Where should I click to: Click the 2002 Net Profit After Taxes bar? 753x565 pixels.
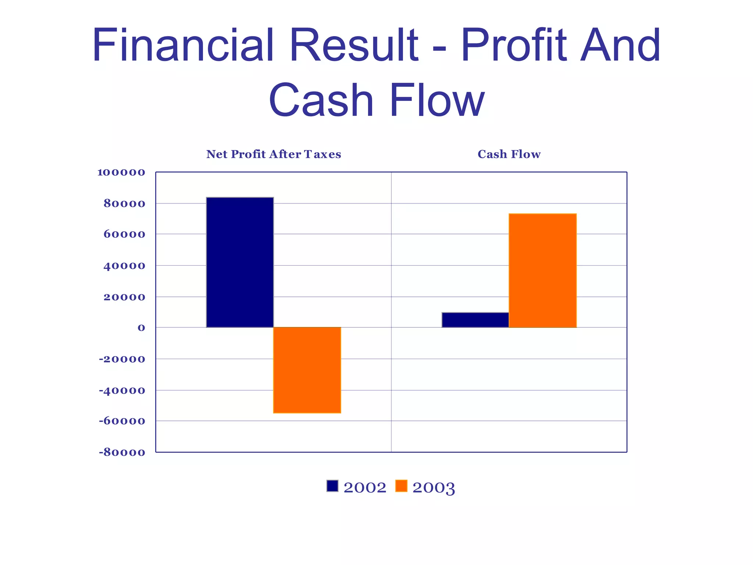click(240, 262)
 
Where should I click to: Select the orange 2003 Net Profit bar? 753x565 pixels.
click(307, 370)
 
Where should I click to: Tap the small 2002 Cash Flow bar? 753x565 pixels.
click(475, 320)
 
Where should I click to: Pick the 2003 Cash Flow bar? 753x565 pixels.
click(542, 270)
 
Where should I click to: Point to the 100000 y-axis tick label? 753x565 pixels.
click(121, 172)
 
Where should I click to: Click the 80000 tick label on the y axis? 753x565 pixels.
click(124, 203)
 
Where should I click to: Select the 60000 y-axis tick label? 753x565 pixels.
click(124, 234)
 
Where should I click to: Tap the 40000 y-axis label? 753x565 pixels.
click(124, 266)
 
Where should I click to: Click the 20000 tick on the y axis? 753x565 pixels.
click(124, 297)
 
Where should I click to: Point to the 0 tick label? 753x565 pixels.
click(141, 328)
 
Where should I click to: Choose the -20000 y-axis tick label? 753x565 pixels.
click(122, 359)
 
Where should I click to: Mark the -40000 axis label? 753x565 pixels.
click(122, 390)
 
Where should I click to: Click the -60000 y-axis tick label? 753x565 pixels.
click(122, 421)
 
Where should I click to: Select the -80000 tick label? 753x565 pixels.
click(122, 452)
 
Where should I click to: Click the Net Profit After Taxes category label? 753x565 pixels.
click(274, 154)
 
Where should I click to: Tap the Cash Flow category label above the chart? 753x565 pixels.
click(509, 154)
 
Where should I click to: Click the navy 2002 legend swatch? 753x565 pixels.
click(332, 486)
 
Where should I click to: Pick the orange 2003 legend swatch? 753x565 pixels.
click(401, 486)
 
